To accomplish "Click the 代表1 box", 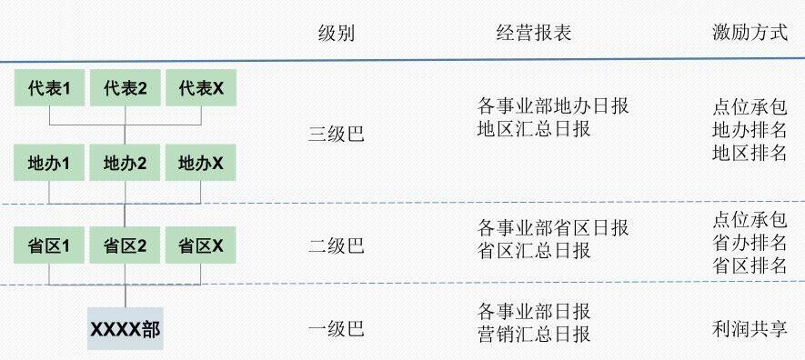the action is click(x=49, y=87).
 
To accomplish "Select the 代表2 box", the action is click(x=125, y=87).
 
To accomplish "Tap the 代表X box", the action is click(x=200, y=87).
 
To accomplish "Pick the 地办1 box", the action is click(x=49, y=164).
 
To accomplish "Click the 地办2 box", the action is click(x=125, y=164).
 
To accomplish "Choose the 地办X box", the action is click(x=200, y=164).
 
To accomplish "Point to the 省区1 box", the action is click(x=49, y=245).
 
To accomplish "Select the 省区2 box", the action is click(x=125, y=245).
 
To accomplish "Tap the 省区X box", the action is click(x=200, y=245).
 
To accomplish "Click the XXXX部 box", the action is click(x=126, y=329).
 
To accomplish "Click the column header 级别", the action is click(x=336, y=34).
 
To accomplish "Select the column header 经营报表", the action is click(x=534, y=34).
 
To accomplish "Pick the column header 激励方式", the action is click(x=750, y=34).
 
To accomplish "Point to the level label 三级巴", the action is click(x=336, y=135).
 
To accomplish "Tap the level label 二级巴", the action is click(x=336, y=245).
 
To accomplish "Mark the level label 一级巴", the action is click(x=336, y=329).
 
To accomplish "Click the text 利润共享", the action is click(x=750, y=329).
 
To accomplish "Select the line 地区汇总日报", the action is click(x=534, y=129).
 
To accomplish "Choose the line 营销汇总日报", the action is click(x=534, y=335).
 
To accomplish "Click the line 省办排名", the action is click(x=750, y=243).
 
